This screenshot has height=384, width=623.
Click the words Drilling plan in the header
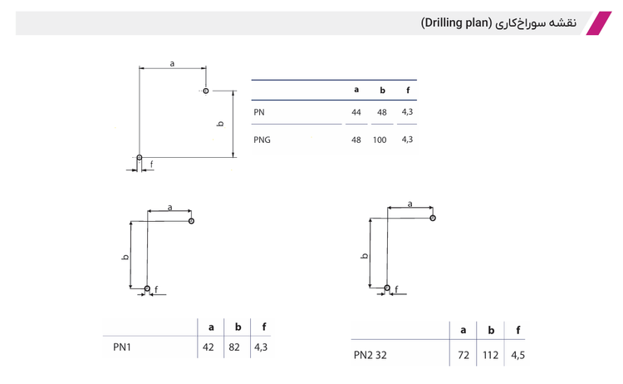tap(457, 23)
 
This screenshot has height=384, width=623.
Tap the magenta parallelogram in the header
tap(599, 23)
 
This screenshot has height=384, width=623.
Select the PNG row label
tap(262, 140)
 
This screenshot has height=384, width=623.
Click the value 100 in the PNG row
tap(380, 140)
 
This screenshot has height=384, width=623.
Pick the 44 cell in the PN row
tap(356, 112)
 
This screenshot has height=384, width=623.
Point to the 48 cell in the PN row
tap(382, 112)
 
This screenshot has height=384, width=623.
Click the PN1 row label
tap(122, 347)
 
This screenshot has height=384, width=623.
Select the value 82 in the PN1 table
tap(234, 347)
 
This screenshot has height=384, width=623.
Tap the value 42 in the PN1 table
tap(208, 347)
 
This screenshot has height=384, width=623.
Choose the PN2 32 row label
tap(370, 355)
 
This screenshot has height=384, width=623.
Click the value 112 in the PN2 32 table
tap(490, 355)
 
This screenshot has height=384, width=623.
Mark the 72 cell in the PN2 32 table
tap(464, 355)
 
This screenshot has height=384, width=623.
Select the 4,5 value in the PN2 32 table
tap(518, 355)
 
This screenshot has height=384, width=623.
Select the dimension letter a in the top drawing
tap(172, 64)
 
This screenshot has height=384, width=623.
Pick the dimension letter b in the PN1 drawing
tap(125, 257)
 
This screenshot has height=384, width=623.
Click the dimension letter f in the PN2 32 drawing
tap(396, 289)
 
